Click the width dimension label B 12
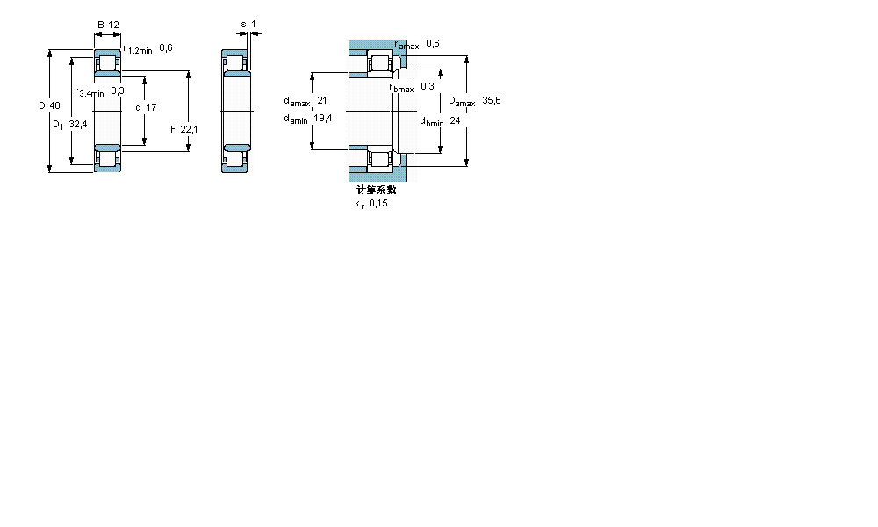click(108, 25)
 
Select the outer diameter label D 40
click(49, 106)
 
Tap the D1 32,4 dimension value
click(69, 125)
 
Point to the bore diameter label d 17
click(146, 107)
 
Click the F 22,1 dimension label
click(184, 130)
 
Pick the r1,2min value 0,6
click(165, 48)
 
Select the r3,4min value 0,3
click(118, 91)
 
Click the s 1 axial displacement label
click(248, 25)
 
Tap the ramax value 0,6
click(432, 43)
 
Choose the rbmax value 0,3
click(428, 86)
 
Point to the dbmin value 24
click(454, 121)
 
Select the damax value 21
click(321, 101)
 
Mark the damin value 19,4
click(322, 119)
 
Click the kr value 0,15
click(378, 203)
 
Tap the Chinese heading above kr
click(376, 189)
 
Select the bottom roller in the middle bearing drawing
click(236, 158)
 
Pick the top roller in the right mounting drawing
click(381, 64)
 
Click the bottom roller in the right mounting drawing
click(381, 158)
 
